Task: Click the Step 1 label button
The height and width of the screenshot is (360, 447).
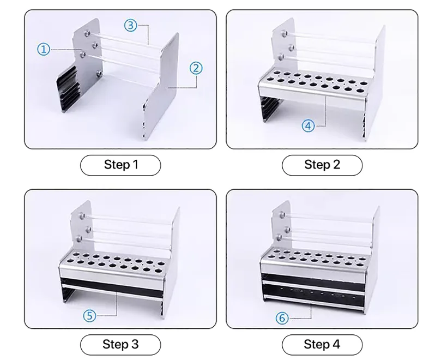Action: point(120,165)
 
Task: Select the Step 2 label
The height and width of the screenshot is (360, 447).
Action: point(322,165)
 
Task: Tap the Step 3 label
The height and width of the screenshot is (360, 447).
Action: point(120,345)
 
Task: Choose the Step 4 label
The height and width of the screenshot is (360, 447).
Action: point(322,345)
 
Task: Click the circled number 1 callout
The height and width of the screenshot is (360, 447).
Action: point(44,49)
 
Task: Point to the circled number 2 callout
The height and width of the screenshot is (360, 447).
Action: point(196,68)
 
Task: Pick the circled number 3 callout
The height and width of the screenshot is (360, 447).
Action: point(131,26)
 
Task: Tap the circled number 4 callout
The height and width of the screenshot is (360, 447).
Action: point(308,126)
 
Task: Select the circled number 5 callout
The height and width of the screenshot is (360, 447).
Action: point(89,316)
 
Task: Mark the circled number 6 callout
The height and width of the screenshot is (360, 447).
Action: point(282,318)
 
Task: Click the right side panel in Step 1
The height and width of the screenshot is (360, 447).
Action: point(161,87)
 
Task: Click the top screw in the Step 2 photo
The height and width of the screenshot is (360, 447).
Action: point(284,34)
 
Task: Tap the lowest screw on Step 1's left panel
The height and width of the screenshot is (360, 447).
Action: point(99,73)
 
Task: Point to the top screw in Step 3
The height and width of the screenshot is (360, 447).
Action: point(83,215)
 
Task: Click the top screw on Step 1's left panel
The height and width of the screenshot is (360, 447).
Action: point(87,33)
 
